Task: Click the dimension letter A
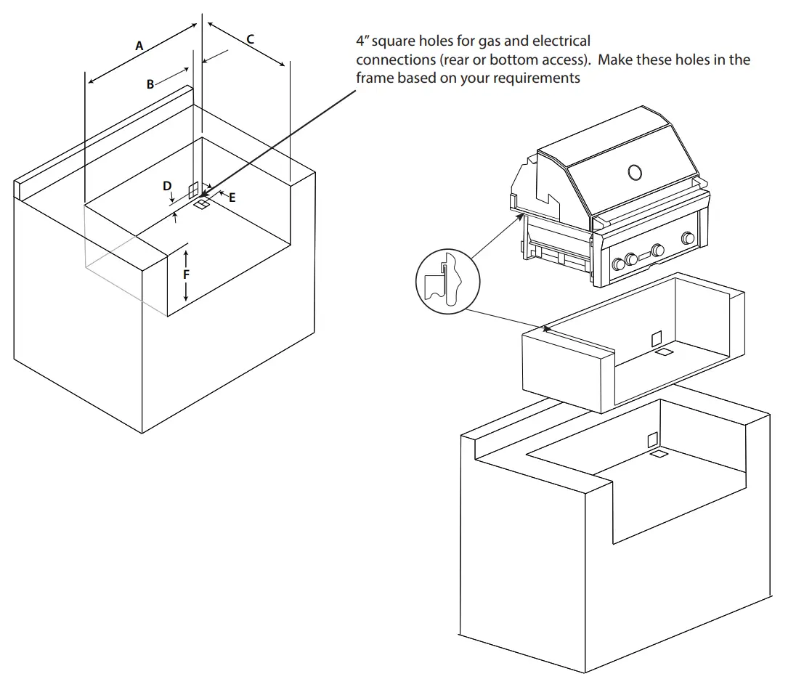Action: [x=139, y=46]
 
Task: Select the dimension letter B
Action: [x=150, y=84]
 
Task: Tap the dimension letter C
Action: [x=251, y=39]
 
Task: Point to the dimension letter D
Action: [x=167, y=187]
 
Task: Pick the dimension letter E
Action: [x=232, y=197]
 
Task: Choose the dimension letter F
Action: [x=187, y=275]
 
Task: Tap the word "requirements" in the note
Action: [x=537, y=78]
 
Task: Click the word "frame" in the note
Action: [x=375, y=78]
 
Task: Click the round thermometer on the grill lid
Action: [x=634, y=172]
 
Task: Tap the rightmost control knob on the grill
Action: [x=687, y=238]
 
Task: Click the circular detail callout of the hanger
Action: [x=447, y=282]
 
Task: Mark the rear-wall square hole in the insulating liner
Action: [x=657, y=338]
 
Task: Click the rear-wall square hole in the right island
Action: [x=652, y=439]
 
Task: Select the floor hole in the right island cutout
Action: [x=659, y=454]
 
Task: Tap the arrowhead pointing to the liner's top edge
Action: [x=547, y=330]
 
